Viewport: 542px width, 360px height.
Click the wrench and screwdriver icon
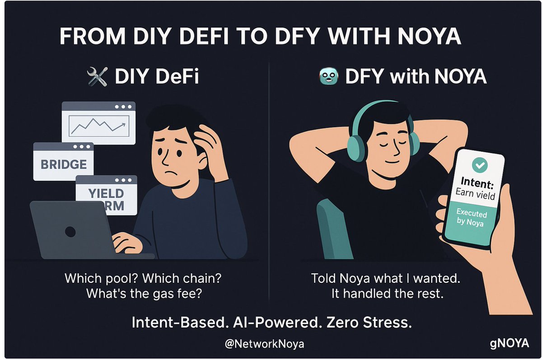(x=97, y=77)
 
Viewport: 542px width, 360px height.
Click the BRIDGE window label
(x=64, y=164)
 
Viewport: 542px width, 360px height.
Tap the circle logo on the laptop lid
(x=70, y=232)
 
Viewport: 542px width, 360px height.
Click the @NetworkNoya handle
(x=265, y=344)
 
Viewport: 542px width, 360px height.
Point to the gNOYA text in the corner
(x=509, y=343)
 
